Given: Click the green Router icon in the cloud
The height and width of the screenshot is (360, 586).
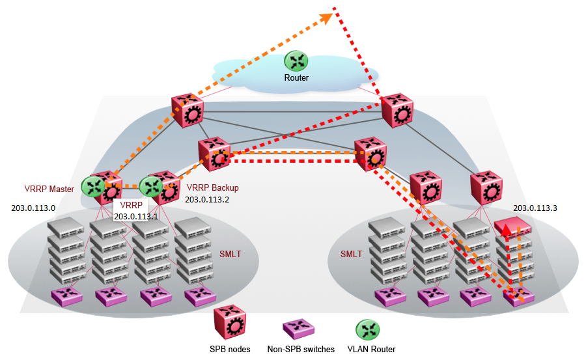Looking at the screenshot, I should tap(296, 61).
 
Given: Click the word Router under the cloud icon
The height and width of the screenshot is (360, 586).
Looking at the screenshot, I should tap(296, 78).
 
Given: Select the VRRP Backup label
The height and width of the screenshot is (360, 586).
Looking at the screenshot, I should tap(213, 188).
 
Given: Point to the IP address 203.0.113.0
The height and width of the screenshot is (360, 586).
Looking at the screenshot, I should tap(33, 208).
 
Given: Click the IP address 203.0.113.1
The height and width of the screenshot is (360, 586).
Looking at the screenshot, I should tap(135, 216).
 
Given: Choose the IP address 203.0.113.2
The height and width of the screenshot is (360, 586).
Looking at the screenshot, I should tap(207, 201).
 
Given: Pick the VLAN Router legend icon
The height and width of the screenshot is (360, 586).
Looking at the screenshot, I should tap(368, 329).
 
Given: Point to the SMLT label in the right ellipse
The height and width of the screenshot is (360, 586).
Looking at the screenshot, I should tap(351, 254).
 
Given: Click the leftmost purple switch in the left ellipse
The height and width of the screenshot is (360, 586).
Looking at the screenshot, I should tap(67, 296).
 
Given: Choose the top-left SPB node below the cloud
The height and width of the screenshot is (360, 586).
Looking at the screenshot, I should tap(189, 111).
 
